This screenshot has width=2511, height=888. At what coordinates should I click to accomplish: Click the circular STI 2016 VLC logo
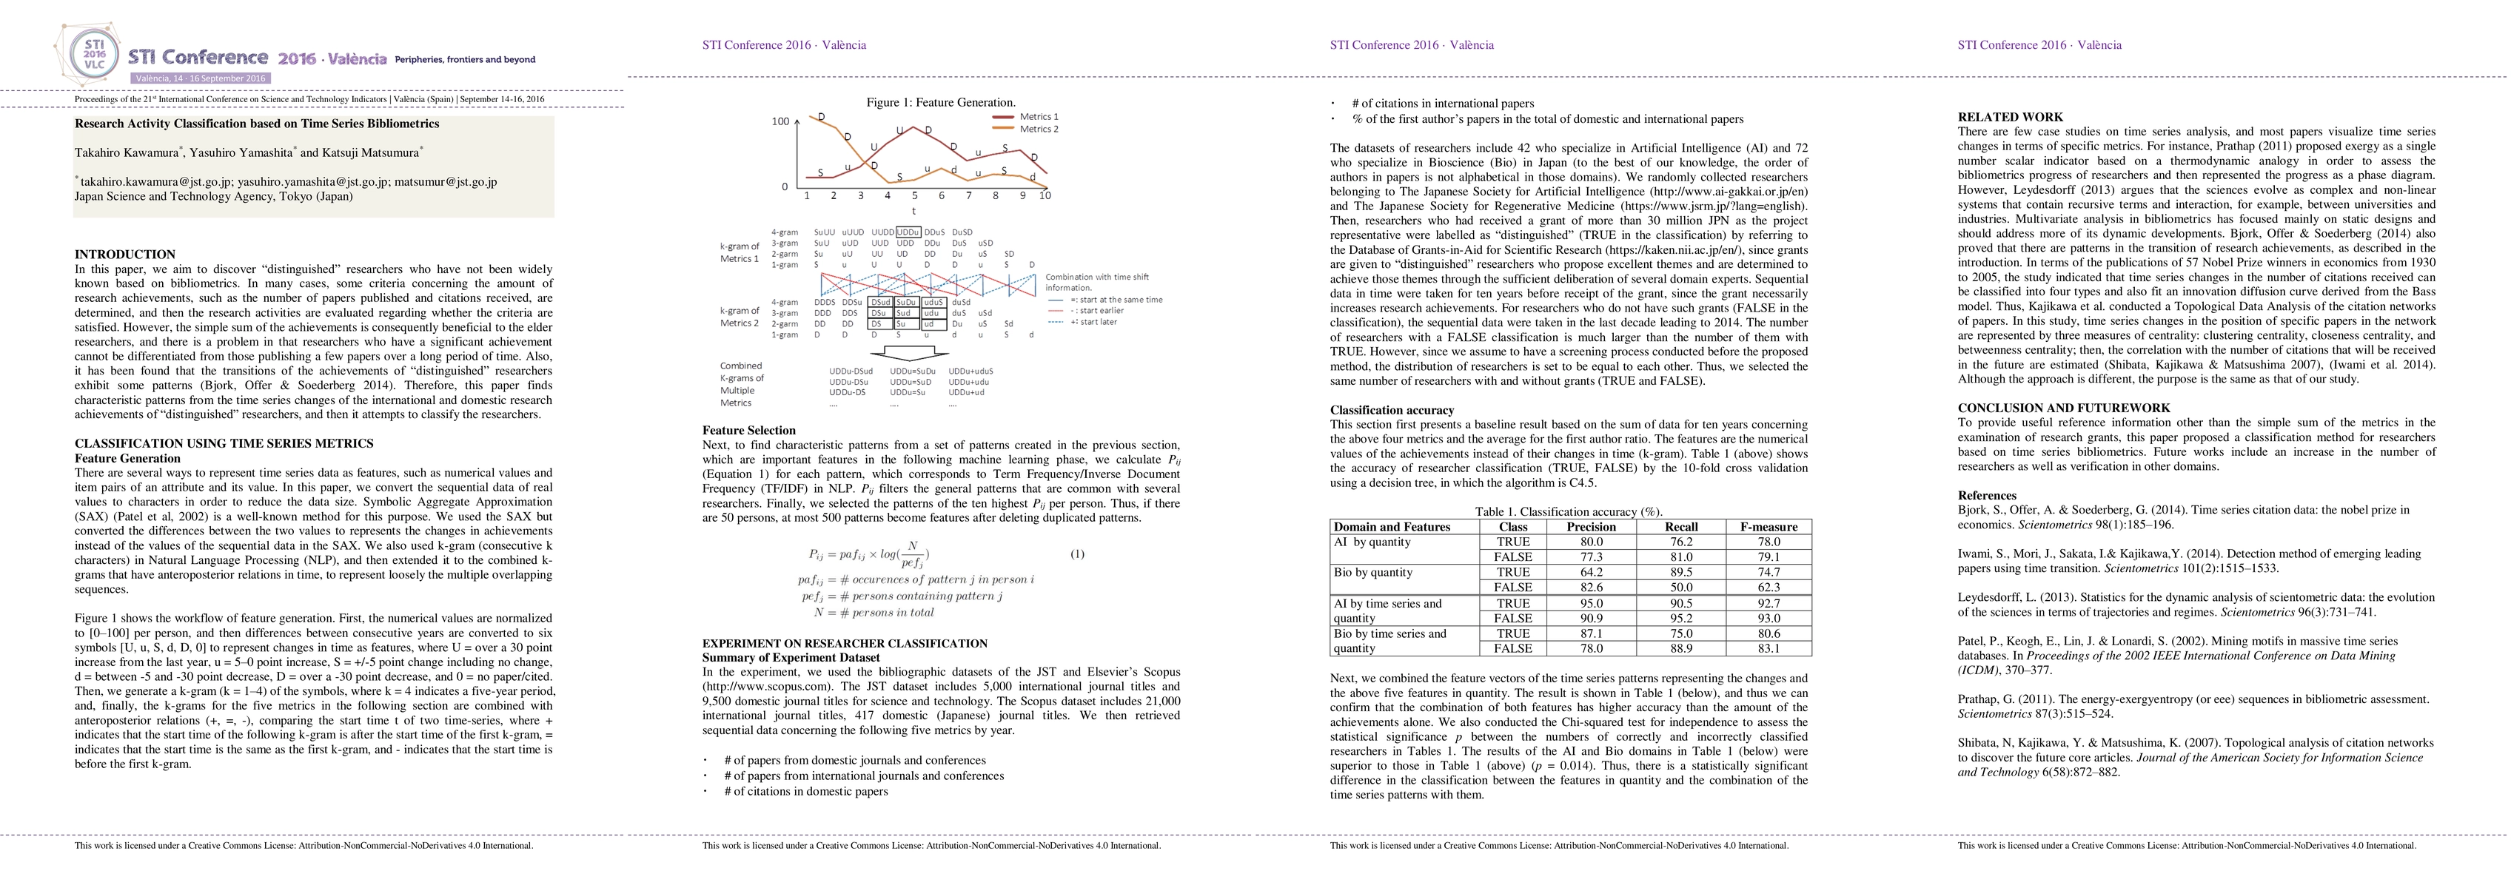click(x=93, y=53)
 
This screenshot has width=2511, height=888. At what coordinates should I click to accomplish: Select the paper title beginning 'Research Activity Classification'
click(x=256, y=124)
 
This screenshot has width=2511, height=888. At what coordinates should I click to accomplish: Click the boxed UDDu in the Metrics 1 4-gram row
click(x=908, y=232)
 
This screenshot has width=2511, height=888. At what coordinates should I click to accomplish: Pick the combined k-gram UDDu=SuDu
click(x=912, y=371)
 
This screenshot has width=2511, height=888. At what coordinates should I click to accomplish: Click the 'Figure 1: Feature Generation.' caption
click(x=941, y=102)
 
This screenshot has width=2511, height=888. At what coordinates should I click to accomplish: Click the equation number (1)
click(x=1077, y=555)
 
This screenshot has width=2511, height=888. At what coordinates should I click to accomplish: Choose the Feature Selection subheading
click(x=748, y=430)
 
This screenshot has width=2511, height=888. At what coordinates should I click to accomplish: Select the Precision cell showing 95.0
click(x=1591, y=603)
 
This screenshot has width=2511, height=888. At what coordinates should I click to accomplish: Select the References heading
click(x=1987, y=495)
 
